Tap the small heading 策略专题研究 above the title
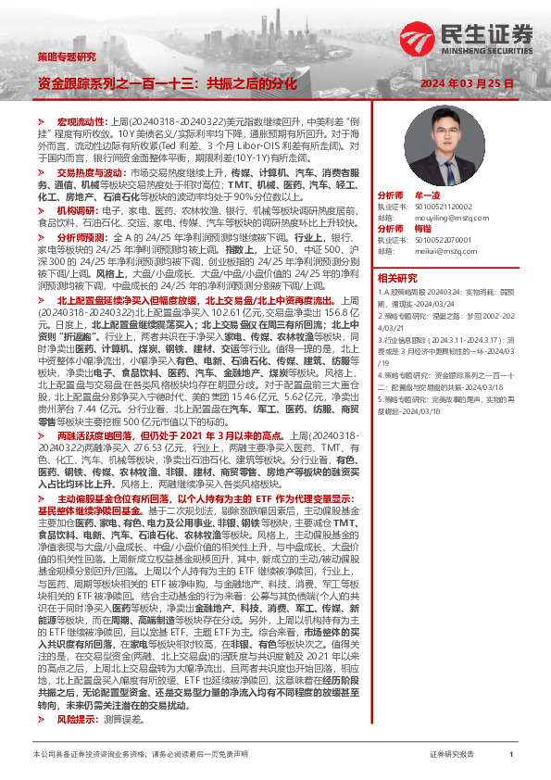[66, 57]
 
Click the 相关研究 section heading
[398, 277]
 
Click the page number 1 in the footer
[511, 755]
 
